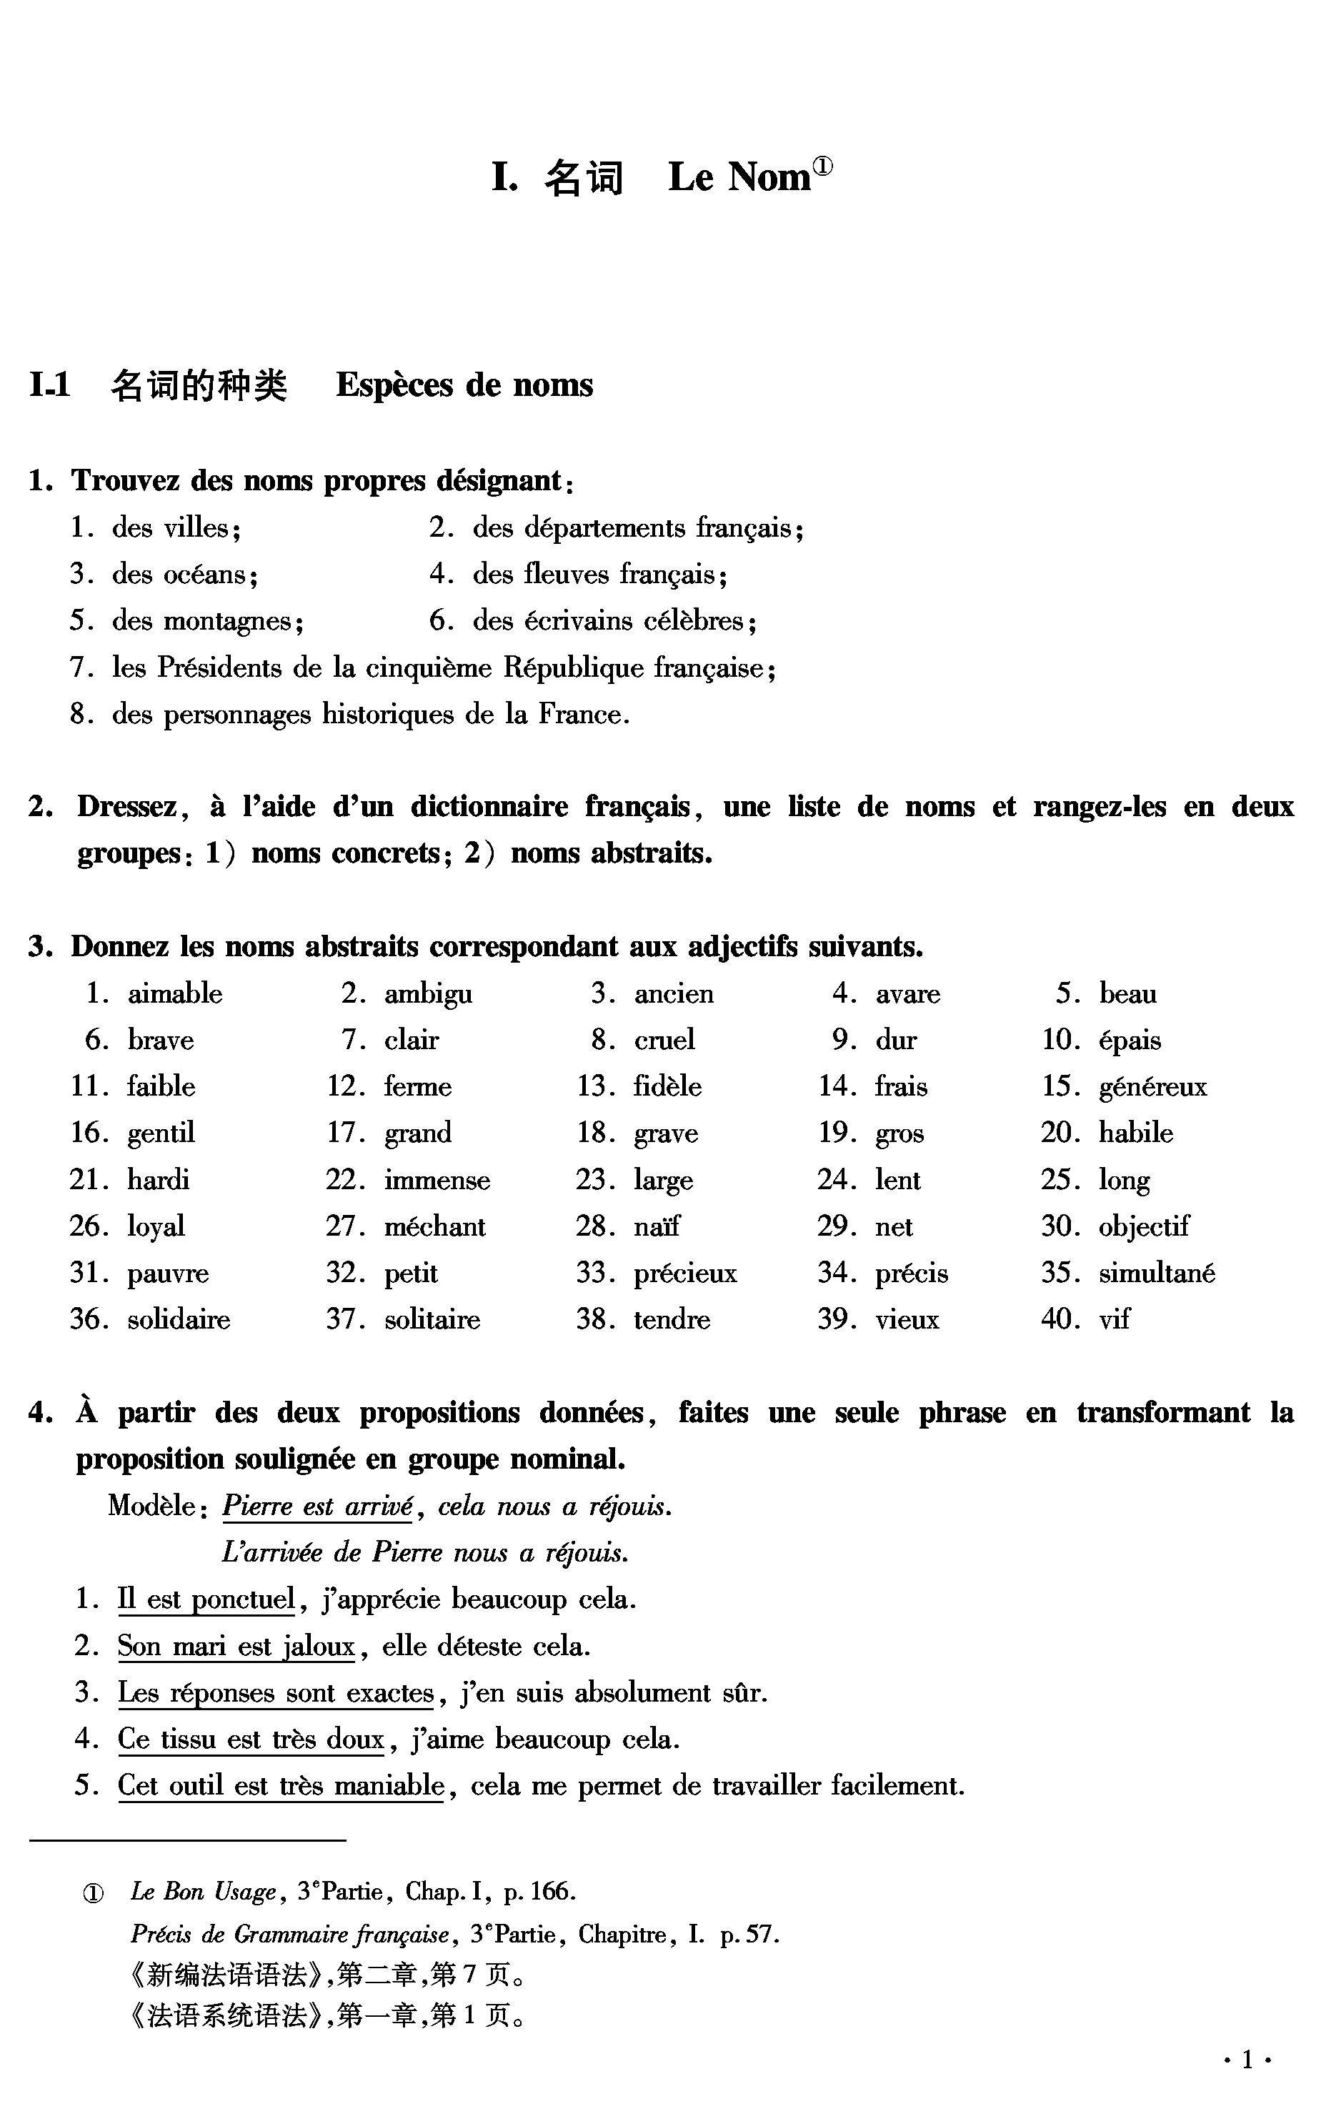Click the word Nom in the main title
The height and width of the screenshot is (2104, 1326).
(769, 177)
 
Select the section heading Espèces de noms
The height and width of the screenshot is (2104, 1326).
(464, 385)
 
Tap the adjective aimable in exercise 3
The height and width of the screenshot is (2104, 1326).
(175, 993)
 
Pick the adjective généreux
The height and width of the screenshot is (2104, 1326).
(1152, 1087)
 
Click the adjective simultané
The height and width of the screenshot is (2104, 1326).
(1157, 1273)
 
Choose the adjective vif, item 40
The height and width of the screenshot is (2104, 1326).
(1114, 1319)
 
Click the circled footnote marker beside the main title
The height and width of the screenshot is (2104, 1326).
(823, 167)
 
